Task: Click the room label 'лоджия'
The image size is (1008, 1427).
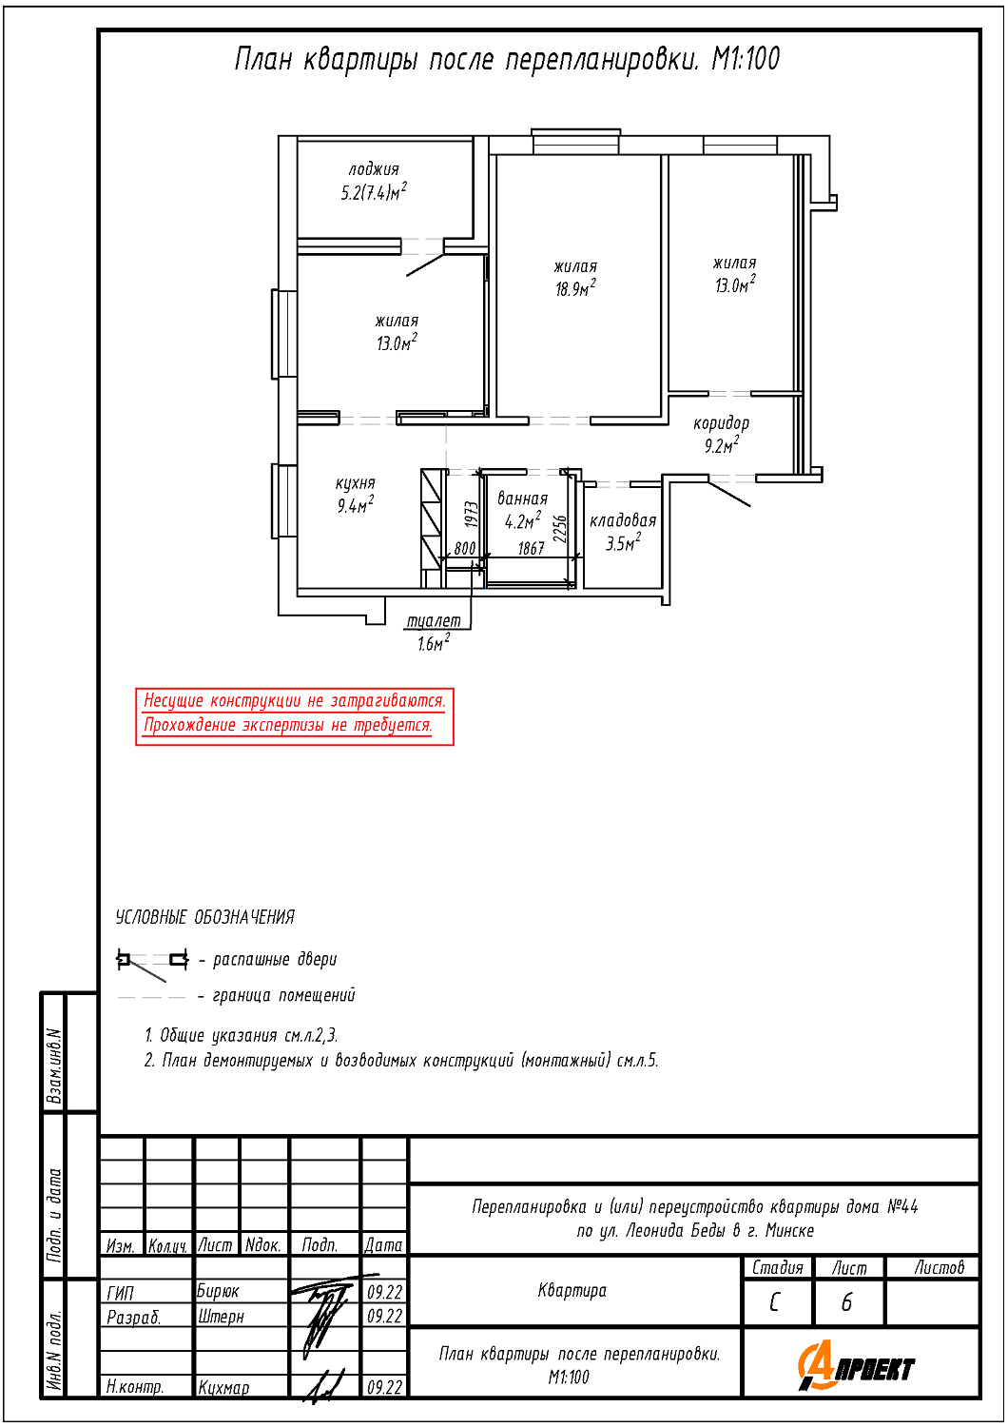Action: click(374, 170)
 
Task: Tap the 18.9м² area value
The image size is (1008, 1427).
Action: click(575, 288)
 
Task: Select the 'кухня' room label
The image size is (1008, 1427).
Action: click(356, 483)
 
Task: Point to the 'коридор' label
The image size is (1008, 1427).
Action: click(721, 423)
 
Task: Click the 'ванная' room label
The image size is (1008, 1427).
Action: click(522, 498)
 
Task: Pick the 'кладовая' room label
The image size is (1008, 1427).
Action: click(623, 521)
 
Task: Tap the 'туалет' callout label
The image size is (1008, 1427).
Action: click(433, 620)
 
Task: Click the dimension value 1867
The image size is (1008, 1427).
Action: click(531, 548)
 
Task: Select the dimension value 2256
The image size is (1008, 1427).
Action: click(560, 528)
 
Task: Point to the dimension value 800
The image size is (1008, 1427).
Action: click(465, 548)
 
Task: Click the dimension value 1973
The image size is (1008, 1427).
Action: click(472, 514)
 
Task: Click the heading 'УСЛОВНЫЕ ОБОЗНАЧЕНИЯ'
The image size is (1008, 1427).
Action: click(205, 917)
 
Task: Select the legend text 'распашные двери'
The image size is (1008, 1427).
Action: click(275, 959)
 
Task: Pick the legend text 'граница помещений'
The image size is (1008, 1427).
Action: click(284, 994)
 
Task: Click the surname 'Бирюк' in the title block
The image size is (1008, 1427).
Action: click(218, 1291)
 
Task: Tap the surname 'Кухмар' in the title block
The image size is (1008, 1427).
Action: click(223, 1387)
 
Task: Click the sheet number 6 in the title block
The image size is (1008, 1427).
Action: click(846, 1302)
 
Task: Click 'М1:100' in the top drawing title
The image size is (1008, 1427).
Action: click(746, 59)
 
